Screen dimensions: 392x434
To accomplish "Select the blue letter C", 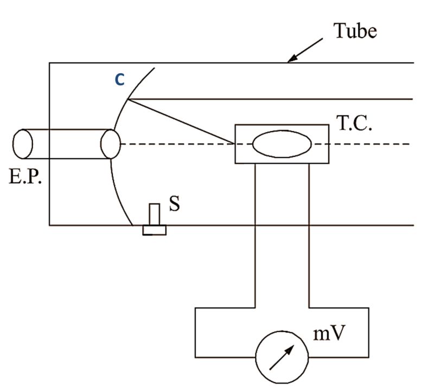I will pos(120,80).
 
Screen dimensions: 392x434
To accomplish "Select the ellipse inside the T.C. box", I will pos(282,144).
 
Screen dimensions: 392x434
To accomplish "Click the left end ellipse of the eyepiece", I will pos(22,144).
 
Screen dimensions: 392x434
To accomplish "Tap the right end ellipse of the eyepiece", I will pos(110,144).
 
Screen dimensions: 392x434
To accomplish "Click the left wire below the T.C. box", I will pos(255,233).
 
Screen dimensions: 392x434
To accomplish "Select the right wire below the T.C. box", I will pos(309,233).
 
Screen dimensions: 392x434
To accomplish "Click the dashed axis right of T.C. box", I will pos(369,144).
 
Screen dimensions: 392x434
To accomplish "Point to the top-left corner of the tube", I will pos(49,63).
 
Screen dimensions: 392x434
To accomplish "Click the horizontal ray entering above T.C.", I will pos(271,99).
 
